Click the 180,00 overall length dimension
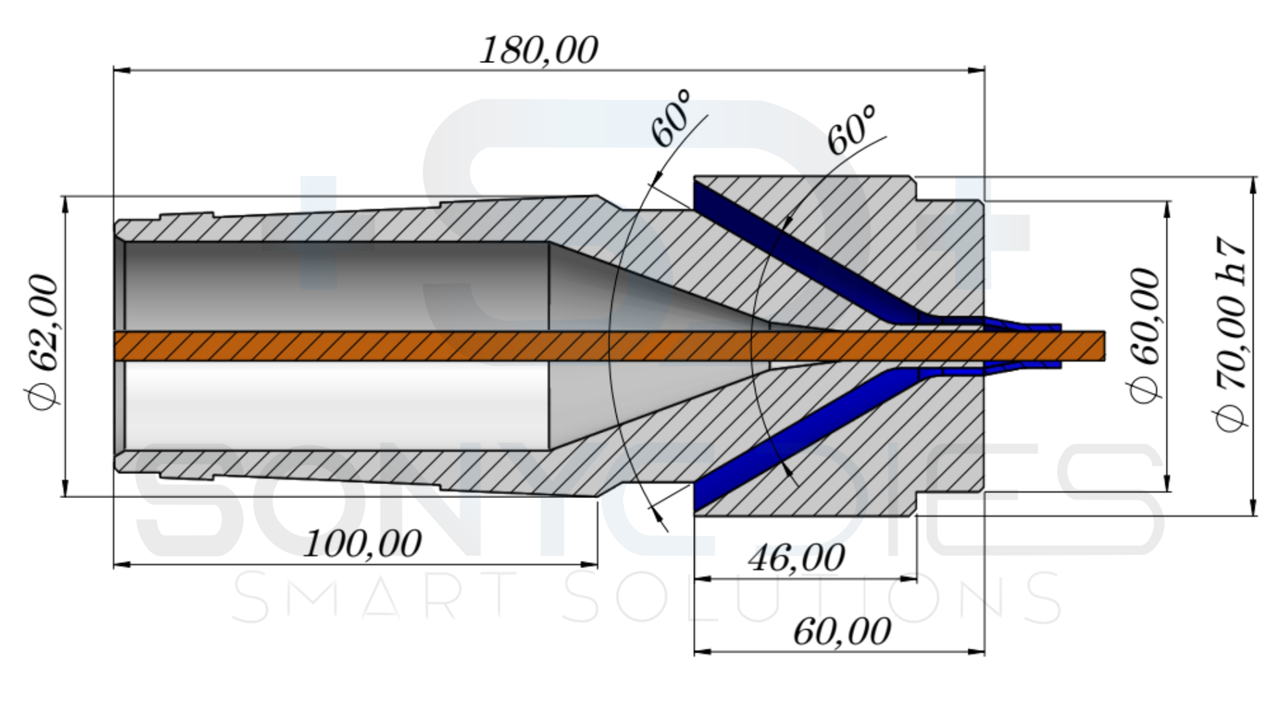click(538, 51)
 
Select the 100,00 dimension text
click(362, 545)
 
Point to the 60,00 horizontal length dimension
click(842, 632)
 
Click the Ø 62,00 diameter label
click(44, 342)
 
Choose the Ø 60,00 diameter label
click(1145, 336)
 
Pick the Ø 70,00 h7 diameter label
click(1232, 334)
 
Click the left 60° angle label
click(671, 118)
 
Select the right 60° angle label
click(851, 129)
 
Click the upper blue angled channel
click(803, 248)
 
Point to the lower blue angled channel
click(803, 442)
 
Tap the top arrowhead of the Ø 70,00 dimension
click(1254, 184)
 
